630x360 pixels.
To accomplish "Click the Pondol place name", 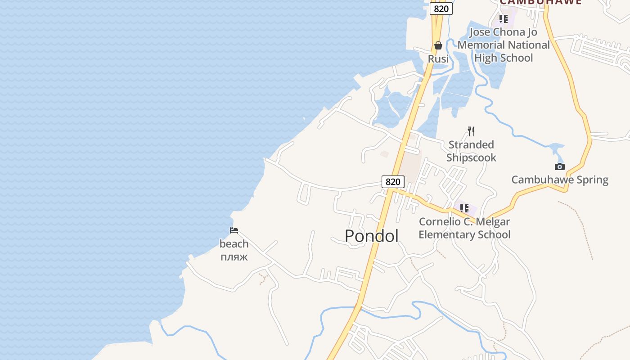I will tap(372, 236).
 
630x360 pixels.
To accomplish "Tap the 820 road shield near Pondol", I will tap(393, 182).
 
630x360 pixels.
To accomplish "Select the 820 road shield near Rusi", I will tap(441, 9).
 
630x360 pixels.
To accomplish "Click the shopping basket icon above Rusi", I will tap(438, 45).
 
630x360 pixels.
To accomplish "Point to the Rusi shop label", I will tap(438, 59).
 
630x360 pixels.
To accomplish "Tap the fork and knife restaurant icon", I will tap(471, 131).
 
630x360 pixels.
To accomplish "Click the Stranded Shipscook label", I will tap(471, 151).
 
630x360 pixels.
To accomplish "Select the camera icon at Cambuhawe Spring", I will tap(560, 166).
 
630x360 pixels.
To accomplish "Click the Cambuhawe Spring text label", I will tap(560, 180).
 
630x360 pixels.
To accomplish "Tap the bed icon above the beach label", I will tap(234, 230).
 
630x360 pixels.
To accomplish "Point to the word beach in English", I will tap(234, 244).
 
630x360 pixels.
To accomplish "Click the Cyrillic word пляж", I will tap(234, 257).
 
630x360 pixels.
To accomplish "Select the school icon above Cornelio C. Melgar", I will tap(464, 208).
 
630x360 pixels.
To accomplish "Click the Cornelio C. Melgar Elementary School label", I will tap(464, 228).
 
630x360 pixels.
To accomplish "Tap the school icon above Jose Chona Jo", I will tap(504, 19).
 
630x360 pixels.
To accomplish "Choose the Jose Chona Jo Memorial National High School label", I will tap(504, 45).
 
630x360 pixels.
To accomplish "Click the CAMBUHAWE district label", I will tap(540, 2).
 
